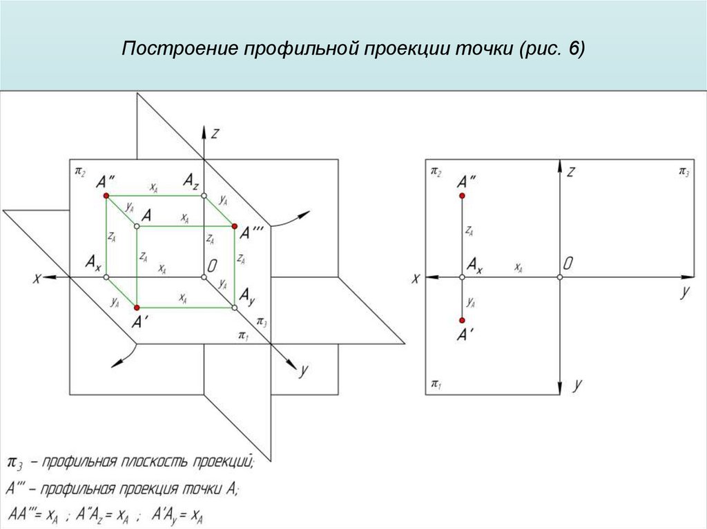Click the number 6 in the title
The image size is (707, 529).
[572, 50]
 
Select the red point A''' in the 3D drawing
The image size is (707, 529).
[235, 226]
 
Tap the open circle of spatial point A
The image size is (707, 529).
[137, 226]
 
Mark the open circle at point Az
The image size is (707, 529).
[204, 196]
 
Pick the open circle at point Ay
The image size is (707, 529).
[235, 307]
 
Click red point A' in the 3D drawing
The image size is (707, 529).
[137, 307]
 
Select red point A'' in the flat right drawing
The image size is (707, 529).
[462, 196]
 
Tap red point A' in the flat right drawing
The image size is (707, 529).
[462, 320]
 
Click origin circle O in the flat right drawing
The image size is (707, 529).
[559, 277]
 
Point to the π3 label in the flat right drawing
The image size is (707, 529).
[684, 170]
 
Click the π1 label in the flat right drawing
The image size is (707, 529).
[436, 383]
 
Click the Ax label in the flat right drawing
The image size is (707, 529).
[474, 263]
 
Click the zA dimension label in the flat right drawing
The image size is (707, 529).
[469, 232]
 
